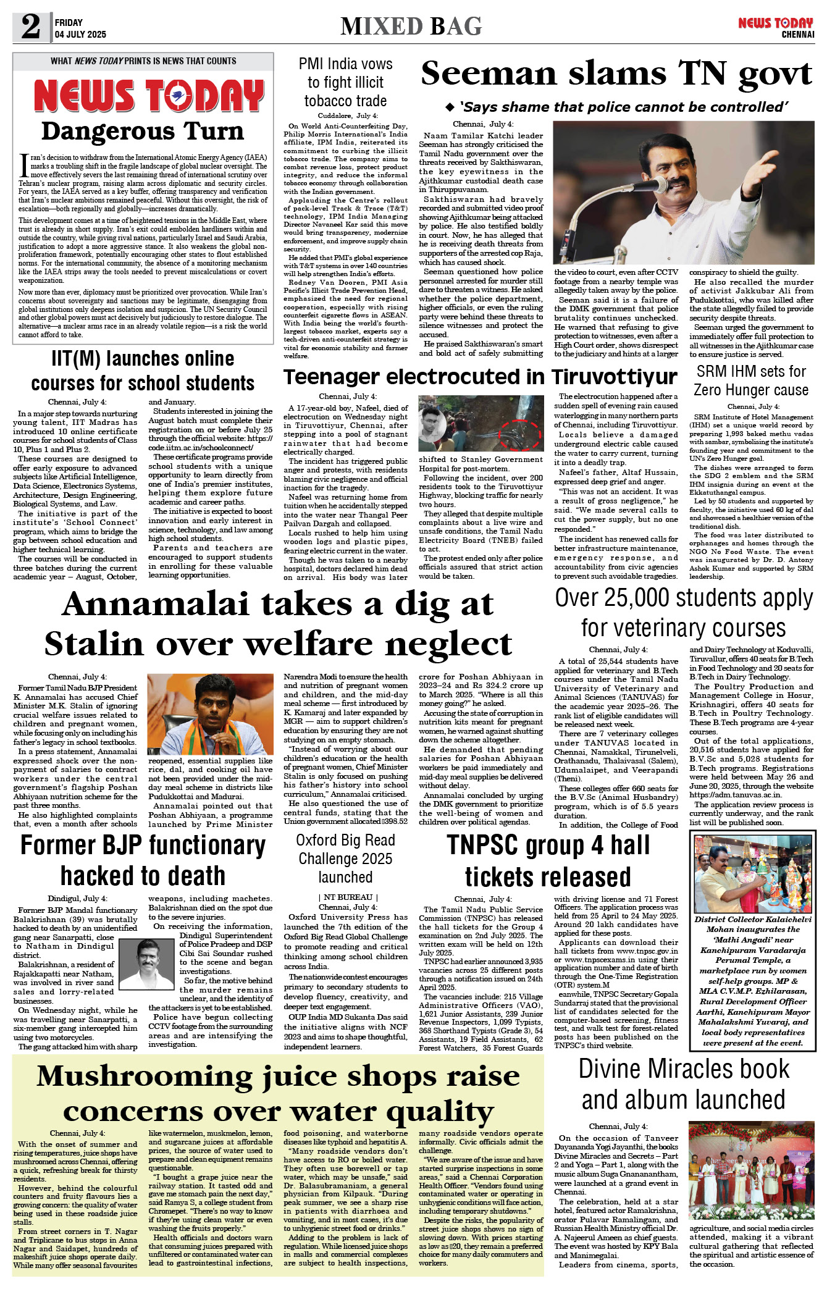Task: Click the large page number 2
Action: (x=30, y=27)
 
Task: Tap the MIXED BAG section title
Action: (x=411, y=27)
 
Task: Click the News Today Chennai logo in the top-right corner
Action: (x=776, y=27)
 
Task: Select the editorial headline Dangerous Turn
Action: (x=142, y=132)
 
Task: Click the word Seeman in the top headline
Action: (x=488, y=74)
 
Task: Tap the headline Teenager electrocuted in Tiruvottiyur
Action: (x=480, y=377)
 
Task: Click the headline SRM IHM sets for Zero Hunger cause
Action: (x=751, y=380)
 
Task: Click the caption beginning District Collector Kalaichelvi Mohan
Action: (x=752, y=981)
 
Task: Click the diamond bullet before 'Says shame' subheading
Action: (x=450, y=107)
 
